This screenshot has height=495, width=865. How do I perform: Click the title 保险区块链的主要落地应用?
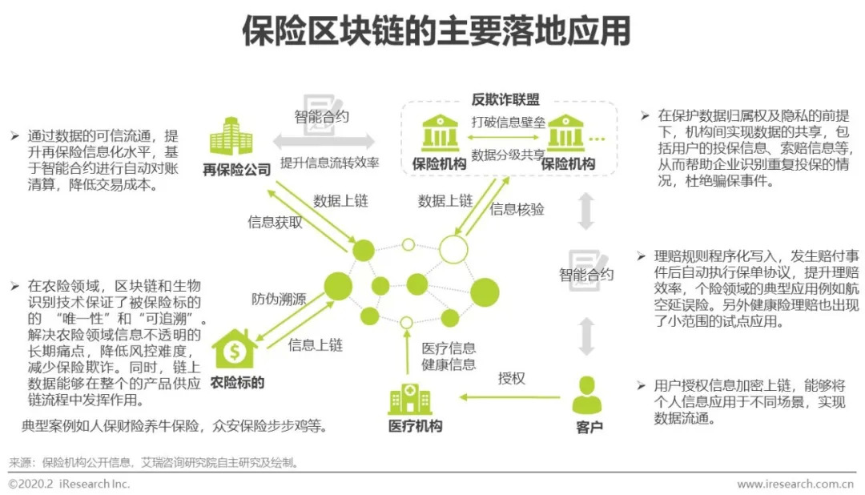[437, 31]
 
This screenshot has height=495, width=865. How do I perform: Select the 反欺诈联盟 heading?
[505, 100]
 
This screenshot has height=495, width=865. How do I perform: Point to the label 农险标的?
[237, 382]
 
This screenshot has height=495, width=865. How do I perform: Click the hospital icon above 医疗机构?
[409, 399]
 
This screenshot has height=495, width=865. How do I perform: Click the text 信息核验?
[517, 210]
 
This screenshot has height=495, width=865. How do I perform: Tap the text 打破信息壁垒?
[509, 123]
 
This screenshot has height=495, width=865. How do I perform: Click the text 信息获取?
[275, 223]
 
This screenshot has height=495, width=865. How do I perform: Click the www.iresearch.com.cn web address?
[795, 484]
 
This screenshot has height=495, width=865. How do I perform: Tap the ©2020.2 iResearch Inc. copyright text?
[70, 484]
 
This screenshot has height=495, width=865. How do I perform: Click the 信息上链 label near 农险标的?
[316, 345]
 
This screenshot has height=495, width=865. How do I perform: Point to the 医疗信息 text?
[449, 348]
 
